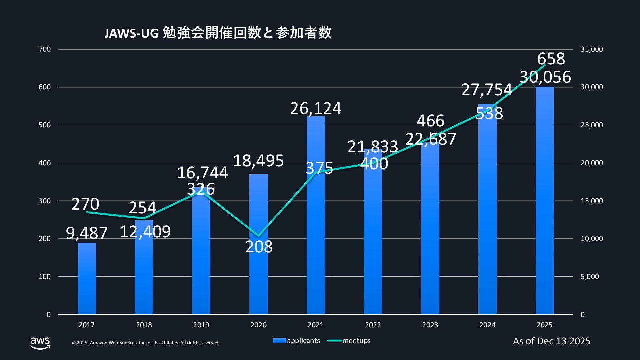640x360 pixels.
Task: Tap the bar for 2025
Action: click(x=544, y=200)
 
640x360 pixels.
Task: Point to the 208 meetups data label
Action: click(x=259, y=247)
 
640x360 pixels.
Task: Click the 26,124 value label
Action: click(x=316, y=108)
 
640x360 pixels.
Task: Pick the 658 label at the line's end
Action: click(x=551, y=59)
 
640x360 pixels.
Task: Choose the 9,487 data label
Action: click(x=87, y=233)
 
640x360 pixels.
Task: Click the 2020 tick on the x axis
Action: click(x=258, y=325)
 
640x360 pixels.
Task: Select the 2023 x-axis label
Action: click(x=430, y=325)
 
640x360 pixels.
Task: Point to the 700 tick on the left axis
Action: click(x=45, y=49)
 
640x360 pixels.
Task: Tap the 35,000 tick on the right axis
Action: click(x=592, y=49)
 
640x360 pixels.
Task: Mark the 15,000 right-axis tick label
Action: click(x=592, y=201)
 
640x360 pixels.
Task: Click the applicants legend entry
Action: click(x=296, y=341)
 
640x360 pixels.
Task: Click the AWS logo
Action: click(x=40, y=342)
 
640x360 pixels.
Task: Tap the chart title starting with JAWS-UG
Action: click(x=218, y=33)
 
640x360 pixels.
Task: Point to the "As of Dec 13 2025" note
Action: click(x=552, y=341)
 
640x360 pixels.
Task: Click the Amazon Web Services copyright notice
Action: click(x=146, y=343)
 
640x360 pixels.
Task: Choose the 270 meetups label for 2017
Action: click(x=85, y=204)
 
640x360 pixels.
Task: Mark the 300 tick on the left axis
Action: click(x=45, y=201)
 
